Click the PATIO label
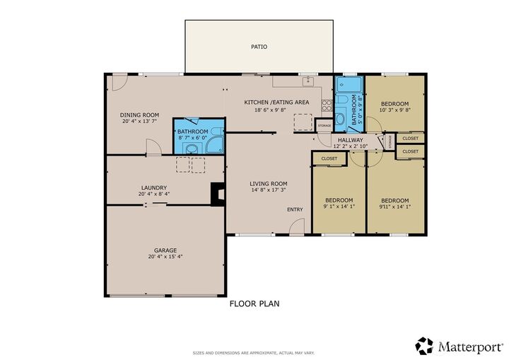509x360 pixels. [x=259, y=47]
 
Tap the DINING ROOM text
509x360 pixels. [x=139, y=115]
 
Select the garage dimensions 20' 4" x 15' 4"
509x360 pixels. [x=165, y=257]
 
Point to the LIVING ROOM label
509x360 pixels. [x=269, y=184]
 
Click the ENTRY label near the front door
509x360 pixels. [x=295, y=209]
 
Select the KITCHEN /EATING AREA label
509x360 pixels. [x=276, y=103]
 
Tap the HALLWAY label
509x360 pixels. [x=350, y=140]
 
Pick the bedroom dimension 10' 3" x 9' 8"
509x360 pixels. [x=394, y=110]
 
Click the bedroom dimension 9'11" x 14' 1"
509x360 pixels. [x=394, y=207]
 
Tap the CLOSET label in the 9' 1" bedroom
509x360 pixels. [x=329, y=158]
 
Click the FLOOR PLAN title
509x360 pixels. [x=255, y=304]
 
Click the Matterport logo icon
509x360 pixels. [x=424, y=346]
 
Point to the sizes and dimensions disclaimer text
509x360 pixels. [x=255, y=352]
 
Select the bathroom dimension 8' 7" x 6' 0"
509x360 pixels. [x=192, y=139]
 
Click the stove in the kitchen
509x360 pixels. [x=327, y=105]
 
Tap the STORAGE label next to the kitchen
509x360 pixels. [x=324, y=125]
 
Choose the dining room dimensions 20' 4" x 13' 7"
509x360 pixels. [x=139, y=122]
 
